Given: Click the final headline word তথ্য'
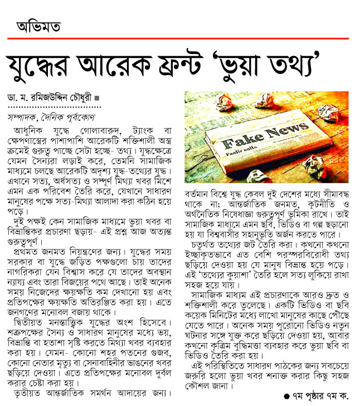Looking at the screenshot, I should tap(327, 66).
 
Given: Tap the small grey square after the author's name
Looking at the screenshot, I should tap(98, 97).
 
